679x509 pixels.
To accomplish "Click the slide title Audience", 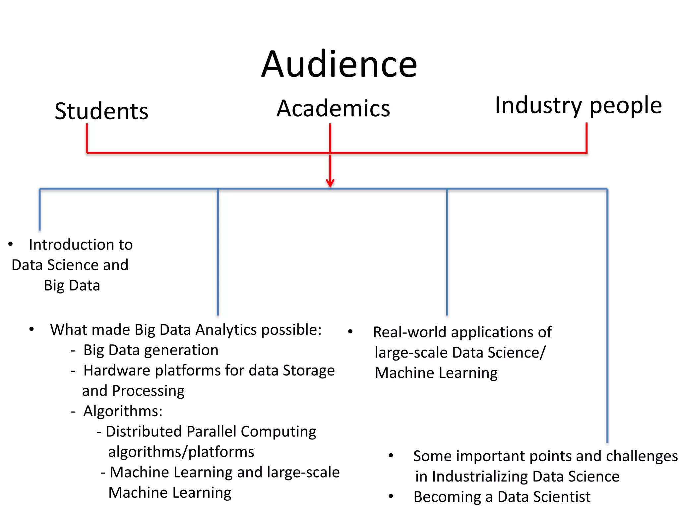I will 339,65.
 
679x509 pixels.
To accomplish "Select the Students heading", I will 101,111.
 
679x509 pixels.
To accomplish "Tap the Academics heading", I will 333,109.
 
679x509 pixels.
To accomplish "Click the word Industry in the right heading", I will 538,105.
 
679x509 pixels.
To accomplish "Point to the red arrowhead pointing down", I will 330,183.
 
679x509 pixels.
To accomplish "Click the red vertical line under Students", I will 87,138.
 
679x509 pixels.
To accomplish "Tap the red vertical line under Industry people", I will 586,138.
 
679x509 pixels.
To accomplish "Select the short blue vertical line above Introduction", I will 40,209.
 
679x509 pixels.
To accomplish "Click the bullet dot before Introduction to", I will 11,245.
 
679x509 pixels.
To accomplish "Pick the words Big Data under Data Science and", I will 72,286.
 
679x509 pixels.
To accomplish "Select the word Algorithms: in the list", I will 123,412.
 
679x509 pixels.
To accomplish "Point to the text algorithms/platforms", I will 181,452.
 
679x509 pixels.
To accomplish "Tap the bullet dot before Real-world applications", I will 350,332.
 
